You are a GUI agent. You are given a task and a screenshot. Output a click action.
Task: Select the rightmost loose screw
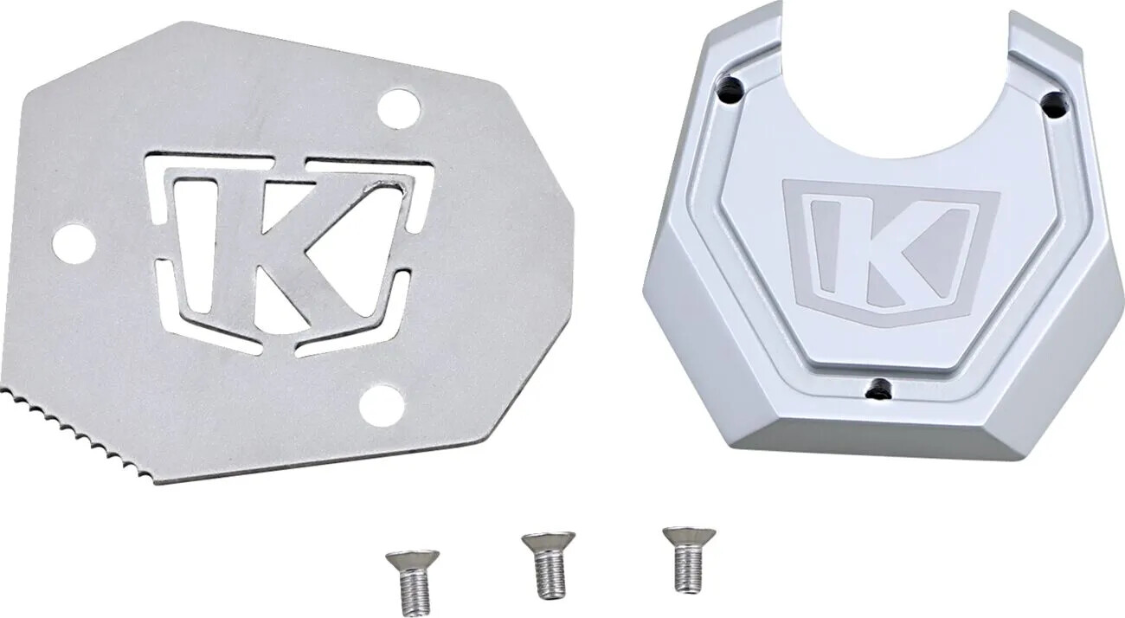(688, 557)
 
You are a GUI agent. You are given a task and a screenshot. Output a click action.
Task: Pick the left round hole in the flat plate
(74, 243)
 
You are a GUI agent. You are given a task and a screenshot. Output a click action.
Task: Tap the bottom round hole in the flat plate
(382, 406)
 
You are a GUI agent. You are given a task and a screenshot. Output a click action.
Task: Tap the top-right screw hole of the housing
(1052, 106)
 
